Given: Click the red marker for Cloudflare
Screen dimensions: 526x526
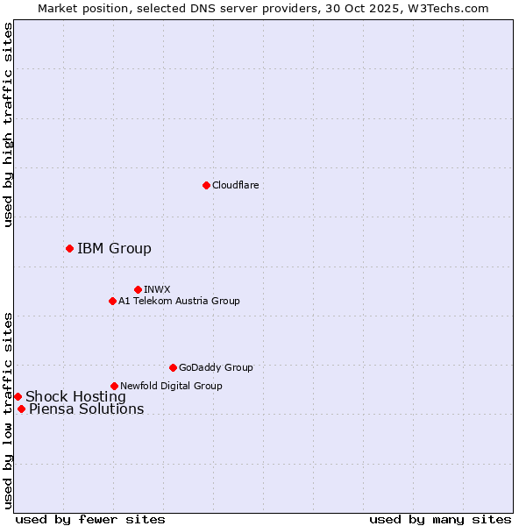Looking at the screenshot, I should coord(206,185).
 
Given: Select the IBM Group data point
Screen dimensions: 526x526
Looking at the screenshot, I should coord(69,248).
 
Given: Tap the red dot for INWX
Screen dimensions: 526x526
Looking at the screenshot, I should coord(138,289).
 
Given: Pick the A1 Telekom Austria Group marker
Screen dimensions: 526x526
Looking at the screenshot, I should coord(112,301).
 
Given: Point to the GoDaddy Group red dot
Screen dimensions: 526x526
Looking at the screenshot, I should coord(173,367).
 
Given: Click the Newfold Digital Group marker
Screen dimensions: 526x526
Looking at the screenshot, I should coord(114,386).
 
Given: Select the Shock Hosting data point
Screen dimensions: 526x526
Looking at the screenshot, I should coord(18,396).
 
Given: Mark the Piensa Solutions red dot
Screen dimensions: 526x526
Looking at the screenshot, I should coord(21,409).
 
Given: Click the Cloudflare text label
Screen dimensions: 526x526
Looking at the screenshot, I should coord(236,185).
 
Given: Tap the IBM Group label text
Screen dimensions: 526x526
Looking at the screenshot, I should coord(114,248).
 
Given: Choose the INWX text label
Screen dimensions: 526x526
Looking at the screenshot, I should coord(157,289).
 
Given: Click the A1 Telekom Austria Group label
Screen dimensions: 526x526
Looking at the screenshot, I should coord(179,301).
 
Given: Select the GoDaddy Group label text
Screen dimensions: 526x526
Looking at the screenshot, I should coord(216,367).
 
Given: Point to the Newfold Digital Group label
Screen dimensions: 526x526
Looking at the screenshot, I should coord(171,386).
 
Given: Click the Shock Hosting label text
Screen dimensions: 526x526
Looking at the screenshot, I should coord(75,396).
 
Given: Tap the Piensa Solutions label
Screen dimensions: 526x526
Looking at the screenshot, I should coord(86,409).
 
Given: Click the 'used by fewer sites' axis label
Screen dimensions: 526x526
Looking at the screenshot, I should coord(90,519).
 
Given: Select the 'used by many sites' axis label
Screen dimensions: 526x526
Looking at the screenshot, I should coord(440,519).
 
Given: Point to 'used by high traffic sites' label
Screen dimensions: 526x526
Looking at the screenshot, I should coord(8,124).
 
